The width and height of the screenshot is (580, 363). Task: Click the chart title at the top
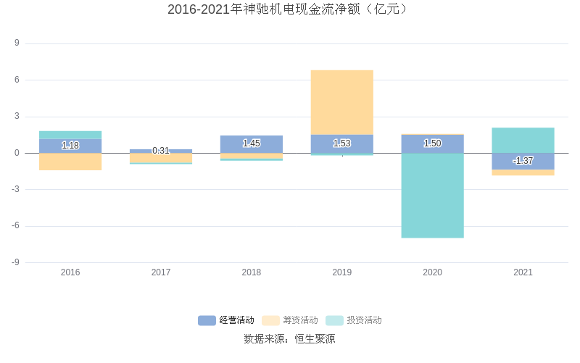point(289,9)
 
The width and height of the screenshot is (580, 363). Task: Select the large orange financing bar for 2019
point(342,102)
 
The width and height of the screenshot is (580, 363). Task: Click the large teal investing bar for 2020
point(433,195)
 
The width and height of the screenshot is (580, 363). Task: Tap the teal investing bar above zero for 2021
point(523,140)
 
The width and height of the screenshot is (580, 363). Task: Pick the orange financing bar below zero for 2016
point(70,162)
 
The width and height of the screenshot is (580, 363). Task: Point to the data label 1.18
point(70,146)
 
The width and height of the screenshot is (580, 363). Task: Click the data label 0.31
point(161,151)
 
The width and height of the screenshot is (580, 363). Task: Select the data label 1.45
point(252,143)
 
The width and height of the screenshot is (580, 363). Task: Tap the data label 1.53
point(342,143)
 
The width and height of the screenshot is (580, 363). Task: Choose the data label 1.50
point(433,143)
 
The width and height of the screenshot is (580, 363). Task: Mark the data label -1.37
point(523,161)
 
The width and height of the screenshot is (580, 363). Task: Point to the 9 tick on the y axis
point(17,43)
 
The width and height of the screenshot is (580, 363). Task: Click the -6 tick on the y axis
point(15,226)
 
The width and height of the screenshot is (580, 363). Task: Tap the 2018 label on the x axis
point(252,272)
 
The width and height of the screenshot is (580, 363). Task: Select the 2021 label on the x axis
point(523,272)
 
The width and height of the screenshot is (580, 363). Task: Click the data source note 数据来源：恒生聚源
point(289,338)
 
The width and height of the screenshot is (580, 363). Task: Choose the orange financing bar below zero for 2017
point(161,158)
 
